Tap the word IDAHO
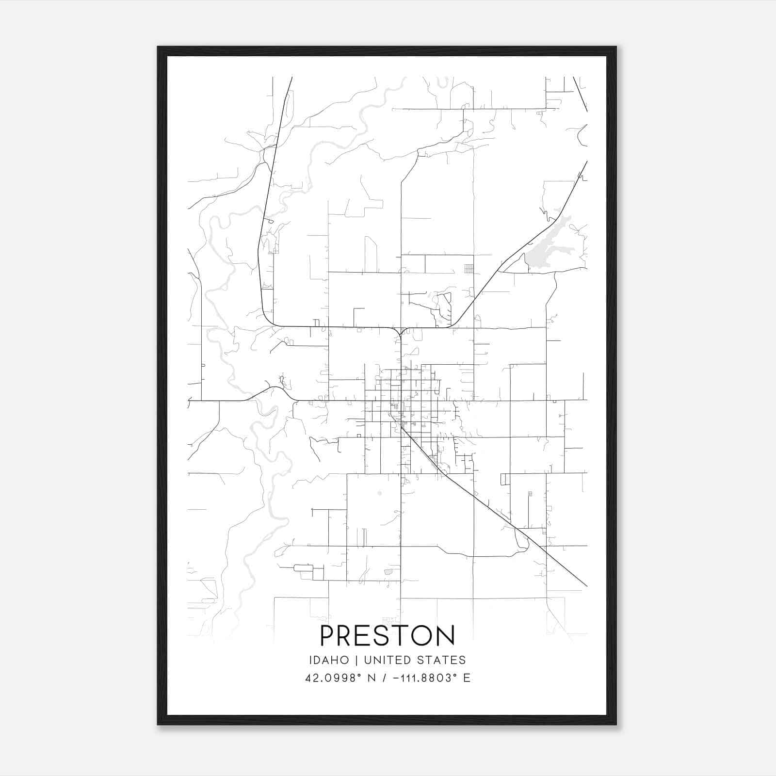pos(329,660)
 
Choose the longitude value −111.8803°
pos(420,678)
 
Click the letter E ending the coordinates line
pos(467,678)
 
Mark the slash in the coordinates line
pos(386,678)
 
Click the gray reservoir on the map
pos(548,247)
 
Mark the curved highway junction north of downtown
pos(401,332)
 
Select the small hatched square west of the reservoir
pos(469,269)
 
